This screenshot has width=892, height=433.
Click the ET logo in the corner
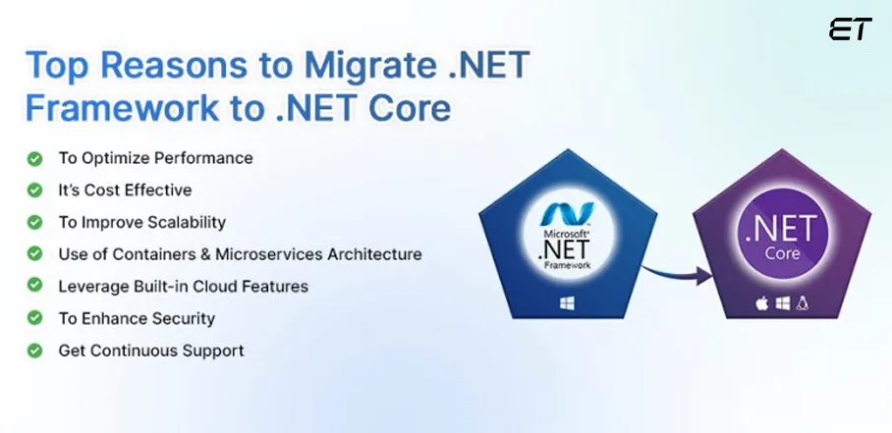tap(850, 29)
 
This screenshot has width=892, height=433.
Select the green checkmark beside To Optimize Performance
tap(34, 157)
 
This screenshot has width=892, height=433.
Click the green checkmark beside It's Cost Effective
tap(34, 189)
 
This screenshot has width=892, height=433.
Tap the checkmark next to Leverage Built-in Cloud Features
tap(34, 286)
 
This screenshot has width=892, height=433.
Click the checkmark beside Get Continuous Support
tap(34, 350)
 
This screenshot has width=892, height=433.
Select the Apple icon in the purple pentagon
tap(760, 305)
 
